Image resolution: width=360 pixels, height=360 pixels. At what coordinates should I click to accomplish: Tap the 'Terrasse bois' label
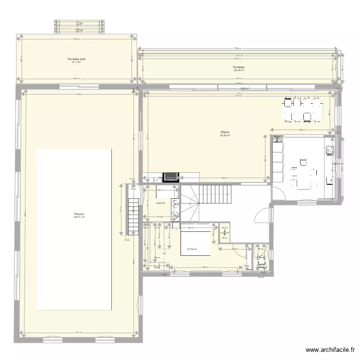(76, 59)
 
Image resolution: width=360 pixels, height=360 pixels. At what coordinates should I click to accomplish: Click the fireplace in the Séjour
(170, 178)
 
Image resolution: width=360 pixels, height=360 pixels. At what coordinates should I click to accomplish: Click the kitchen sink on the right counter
(330, 151)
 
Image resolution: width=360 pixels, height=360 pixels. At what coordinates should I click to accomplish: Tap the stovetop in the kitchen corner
(276, 140)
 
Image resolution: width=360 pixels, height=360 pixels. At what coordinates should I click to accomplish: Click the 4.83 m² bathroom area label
(160, 203)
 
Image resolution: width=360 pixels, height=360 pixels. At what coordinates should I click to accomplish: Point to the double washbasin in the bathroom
(176, 210)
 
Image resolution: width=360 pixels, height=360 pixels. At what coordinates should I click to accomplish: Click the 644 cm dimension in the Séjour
(224, 179)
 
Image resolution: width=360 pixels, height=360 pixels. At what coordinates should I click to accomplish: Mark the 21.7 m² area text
(76, 62)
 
